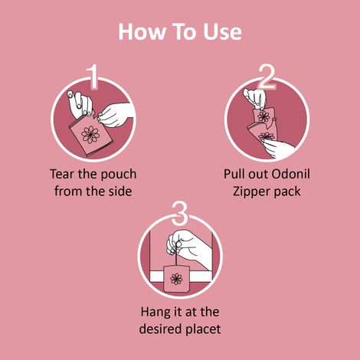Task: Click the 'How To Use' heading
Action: pos(180,31)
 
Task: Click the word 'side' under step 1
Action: pos(119,190)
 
